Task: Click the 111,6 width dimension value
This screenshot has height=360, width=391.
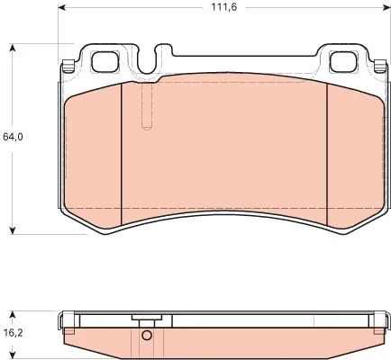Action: (224, 7)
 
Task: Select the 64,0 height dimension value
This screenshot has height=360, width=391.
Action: (13, 137)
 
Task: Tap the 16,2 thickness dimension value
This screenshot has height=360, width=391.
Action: (13, 332)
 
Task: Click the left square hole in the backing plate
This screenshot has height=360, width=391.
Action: (105, 62)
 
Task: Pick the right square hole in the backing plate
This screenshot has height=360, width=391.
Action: (343, 62)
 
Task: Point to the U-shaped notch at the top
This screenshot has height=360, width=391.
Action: (149, 60)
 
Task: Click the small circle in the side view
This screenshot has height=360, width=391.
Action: (147, 336)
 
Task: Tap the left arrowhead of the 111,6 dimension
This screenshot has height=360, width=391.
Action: (61, 7)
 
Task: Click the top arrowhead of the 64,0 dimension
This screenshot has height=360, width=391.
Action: (13, 48)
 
